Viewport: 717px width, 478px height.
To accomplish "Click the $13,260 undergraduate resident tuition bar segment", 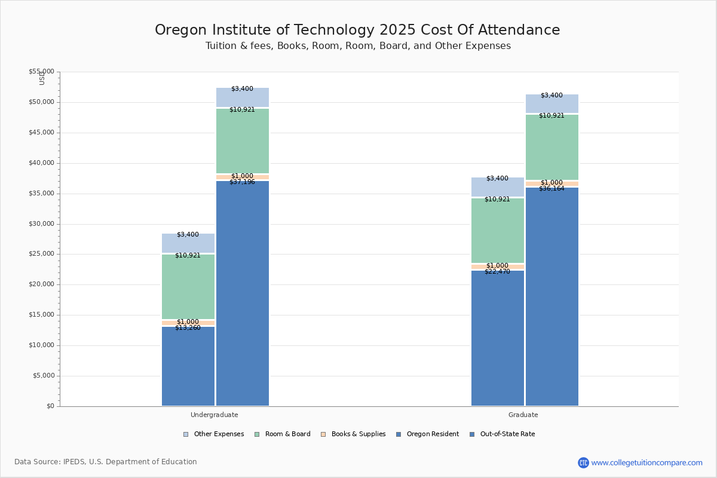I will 188,366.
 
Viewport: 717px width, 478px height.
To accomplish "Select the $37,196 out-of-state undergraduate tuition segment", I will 242,293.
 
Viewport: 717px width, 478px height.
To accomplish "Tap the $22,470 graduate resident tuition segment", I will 497,338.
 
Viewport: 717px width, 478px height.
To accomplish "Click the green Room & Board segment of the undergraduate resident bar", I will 188,286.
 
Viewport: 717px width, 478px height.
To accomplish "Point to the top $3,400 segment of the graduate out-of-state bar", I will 551,103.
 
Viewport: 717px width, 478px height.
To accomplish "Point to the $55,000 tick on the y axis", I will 41,72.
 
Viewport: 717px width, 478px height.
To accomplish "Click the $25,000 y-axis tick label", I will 41,254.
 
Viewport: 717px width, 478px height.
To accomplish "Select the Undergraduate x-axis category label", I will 214,415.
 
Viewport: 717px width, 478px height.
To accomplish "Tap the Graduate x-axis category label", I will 523,415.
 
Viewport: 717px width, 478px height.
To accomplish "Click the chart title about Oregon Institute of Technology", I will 357,30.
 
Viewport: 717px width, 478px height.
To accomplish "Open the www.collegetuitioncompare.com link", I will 646,462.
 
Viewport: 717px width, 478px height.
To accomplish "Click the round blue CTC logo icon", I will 583,462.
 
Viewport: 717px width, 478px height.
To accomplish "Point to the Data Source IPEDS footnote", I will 106,462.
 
